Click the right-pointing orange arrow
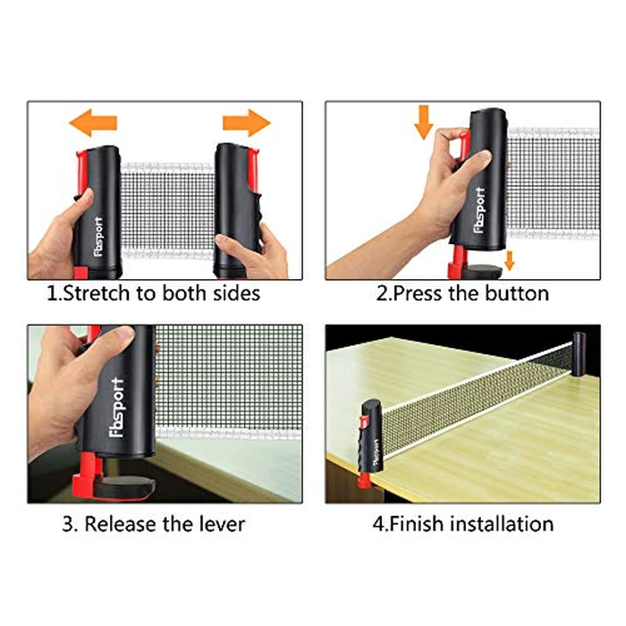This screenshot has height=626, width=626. (x=246, y=121)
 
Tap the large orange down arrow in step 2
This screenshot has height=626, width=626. (x=424, y=122)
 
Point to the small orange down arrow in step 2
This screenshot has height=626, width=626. (x=508, y=259)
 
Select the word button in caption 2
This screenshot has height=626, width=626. (x=516, y=293)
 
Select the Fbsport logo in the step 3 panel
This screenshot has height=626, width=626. (x=118, y=408)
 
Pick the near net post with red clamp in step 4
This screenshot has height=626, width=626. (x=368, y=438)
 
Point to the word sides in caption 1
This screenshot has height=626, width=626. (x=234, y=293)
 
